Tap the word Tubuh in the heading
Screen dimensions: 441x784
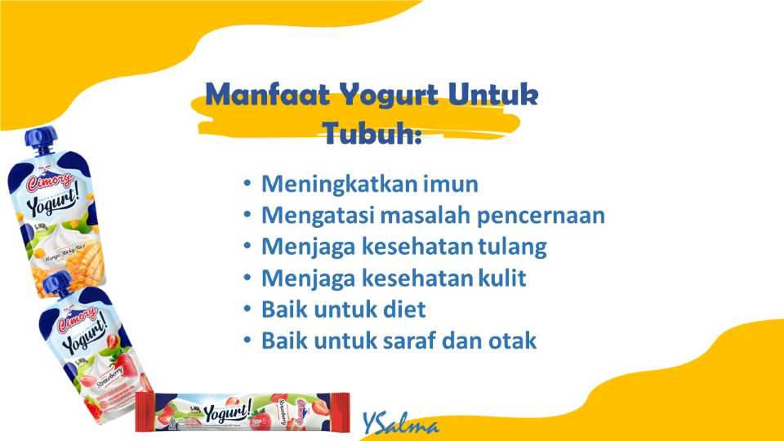click(x=372, y=133)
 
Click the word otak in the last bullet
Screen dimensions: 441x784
click(x=512, y=341)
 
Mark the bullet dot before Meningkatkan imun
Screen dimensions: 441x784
click(x=247, y=184)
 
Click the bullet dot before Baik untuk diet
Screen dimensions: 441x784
click(x=247, y=310)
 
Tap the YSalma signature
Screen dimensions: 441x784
click(x=401, y=424)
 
